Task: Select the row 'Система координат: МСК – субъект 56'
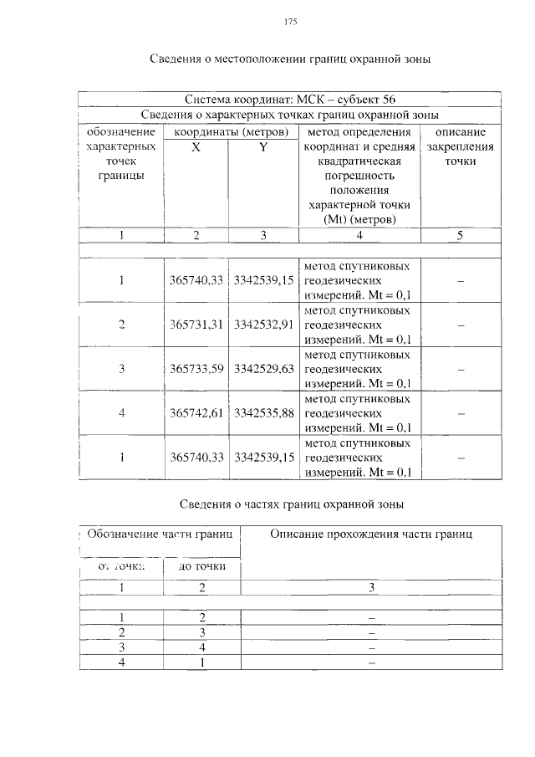(290, 100)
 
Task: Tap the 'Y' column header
(262, 146)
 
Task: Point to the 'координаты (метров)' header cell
(230, 131)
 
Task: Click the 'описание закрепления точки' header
(460, 146)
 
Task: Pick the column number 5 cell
(460, 236)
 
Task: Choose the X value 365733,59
(196, 369)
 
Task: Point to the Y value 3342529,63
(263, 369)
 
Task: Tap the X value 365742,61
(196, 413)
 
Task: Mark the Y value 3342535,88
(263, 413)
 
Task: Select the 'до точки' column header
(201, 568)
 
